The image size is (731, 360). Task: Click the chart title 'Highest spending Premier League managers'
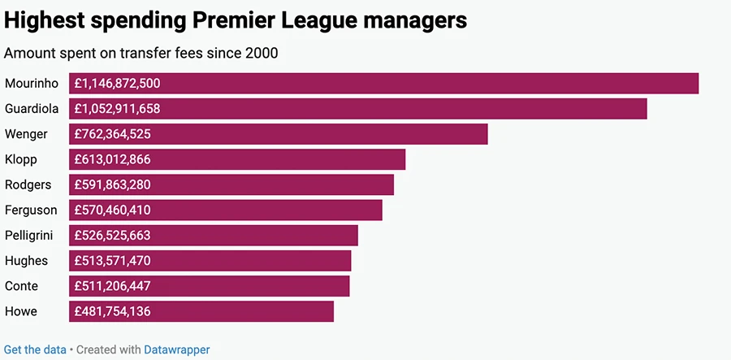236,20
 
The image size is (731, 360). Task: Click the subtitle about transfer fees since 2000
141,54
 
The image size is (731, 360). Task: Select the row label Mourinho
31,83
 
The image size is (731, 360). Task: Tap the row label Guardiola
31,108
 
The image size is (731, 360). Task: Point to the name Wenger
26,134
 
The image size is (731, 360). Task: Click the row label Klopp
21,159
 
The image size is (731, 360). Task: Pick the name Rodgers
28,184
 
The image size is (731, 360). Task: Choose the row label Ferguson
31,210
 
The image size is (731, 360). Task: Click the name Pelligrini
31,236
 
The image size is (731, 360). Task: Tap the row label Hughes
26,261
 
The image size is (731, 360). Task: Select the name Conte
21,286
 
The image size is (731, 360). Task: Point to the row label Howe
21,311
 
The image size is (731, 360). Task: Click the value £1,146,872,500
117,83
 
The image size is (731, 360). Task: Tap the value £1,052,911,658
117,108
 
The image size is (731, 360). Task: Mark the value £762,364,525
112,134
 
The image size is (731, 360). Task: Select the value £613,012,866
112,159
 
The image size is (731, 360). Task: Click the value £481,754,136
112,311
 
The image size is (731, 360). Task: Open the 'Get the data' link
35,349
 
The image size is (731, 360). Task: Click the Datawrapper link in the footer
176,349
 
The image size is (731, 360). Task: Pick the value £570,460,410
112,210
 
